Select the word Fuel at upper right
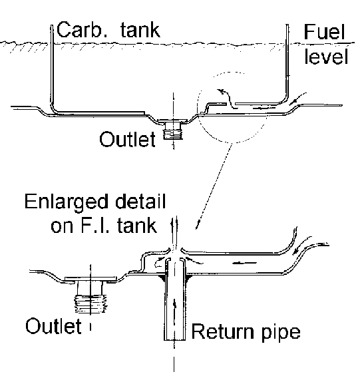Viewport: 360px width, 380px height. coord(324,31)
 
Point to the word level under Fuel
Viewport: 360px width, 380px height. coord(326,56)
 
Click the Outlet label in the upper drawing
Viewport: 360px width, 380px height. coord(127,139)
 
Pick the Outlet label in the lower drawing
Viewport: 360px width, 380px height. coord(53,326)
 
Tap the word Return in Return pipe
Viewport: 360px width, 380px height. coord(224,331)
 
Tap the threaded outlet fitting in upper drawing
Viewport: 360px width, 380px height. coord(173,131)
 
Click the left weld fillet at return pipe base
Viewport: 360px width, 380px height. coord(162,278)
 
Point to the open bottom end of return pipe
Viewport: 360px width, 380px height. coord(174,340)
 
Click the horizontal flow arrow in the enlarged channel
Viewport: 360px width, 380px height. coord(244,263)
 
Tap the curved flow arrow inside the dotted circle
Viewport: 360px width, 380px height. coord(227,98)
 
